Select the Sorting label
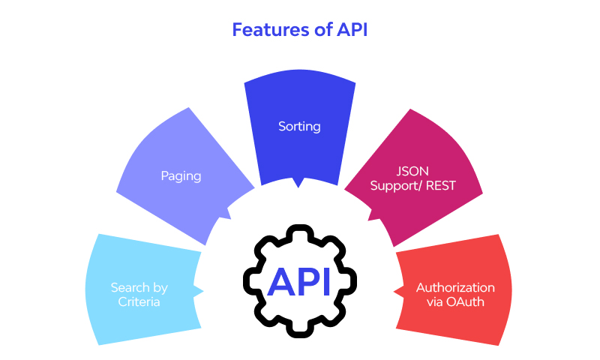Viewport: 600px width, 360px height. tap(299, 126)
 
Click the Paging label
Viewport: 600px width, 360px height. tap(181, 175)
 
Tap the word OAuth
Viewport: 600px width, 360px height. tap(470, 302)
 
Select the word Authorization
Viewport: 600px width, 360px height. tap(455, 288)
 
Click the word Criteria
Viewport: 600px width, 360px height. tap(139, 302)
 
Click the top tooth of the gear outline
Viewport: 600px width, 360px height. tap(299, 227)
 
